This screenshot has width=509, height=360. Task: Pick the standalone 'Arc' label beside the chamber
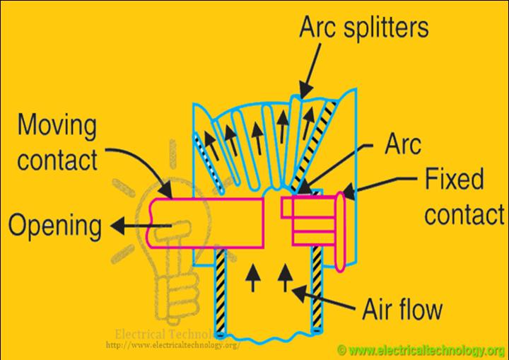(x=402, y=146)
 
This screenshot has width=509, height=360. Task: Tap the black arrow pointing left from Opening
(x=127, y=228)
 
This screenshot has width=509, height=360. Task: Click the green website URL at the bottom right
(x=421, y=350)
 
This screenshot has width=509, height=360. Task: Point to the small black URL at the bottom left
(x=173, y=346)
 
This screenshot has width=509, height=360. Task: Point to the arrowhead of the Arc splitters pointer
(x=300, y=93)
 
